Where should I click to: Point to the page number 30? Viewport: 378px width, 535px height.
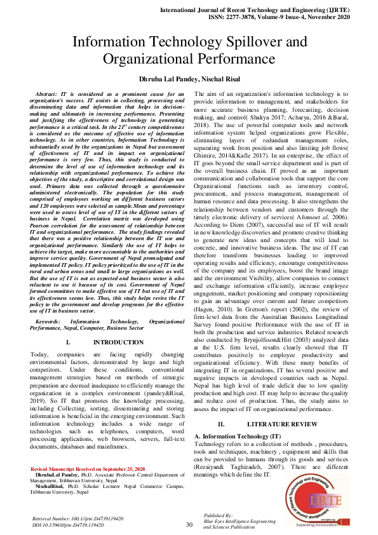pyautogui.click(x=189, y=525)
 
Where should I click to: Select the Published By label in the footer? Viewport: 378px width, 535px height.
pyautogui.click(x=218, y=515)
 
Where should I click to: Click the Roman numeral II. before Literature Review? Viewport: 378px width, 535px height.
pyautogui.click(x=221, y=423)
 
